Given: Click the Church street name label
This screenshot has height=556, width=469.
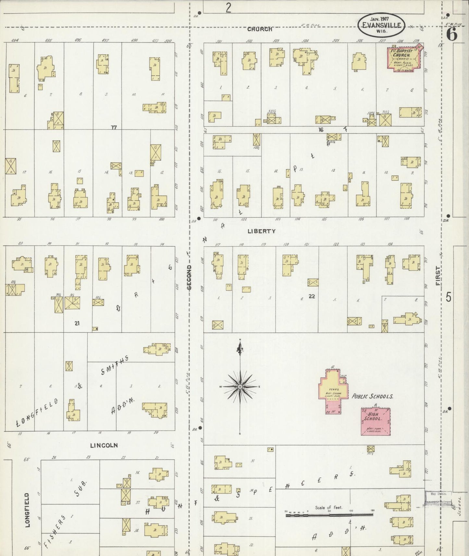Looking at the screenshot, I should (259, 29).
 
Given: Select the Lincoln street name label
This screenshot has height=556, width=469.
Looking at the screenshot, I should (104, 446).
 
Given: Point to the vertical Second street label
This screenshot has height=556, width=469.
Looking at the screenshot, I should (189, 277).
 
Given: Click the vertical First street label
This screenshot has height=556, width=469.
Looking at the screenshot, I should (438, 276).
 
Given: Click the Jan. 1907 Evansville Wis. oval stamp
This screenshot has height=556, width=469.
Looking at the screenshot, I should (382, 25).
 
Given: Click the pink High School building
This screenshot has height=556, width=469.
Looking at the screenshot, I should (375, 422).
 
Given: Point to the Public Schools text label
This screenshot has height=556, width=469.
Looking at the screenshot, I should (373, 397).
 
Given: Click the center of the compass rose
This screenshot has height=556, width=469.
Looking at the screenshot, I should (240, 387).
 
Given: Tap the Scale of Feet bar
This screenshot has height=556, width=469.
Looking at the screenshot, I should (329, 515).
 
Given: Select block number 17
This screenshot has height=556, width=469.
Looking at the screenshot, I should (113, 128).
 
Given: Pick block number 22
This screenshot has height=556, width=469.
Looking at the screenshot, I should (312, 296).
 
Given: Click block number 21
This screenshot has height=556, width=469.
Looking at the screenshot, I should (77, 323).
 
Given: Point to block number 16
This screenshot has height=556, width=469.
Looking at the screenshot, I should (321, 130).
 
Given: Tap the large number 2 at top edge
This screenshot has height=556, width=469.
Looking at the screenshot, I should (228, 7).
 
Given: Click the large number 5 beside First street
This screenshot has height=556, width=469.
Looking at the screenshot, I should (449, 297).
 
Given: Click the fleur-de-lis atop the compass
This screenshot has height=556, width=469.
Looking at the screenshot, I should (240, 349).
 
